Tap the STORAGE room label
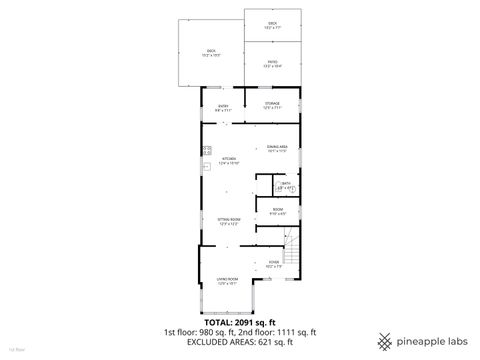pyautogui.click(x=272, y=103)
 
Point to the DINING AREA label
pyautogui.click(x=277, y=146)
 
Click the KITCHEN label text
pyautogui.click(x=228, y=159)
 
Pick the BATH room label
pyautogui.click(x=285, y=183)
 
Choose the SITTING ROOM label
pyautogui.click(x=228, y=219)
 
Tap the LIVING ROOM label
pyautogui.click(x=228, y=278)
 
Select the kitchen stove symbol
pyautogui.click(x=206, y=149)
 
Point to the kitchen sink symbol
pyautogui.click(x=206, y=166)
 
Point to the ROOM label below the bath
pyautogui.click(x=277, y=210)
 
